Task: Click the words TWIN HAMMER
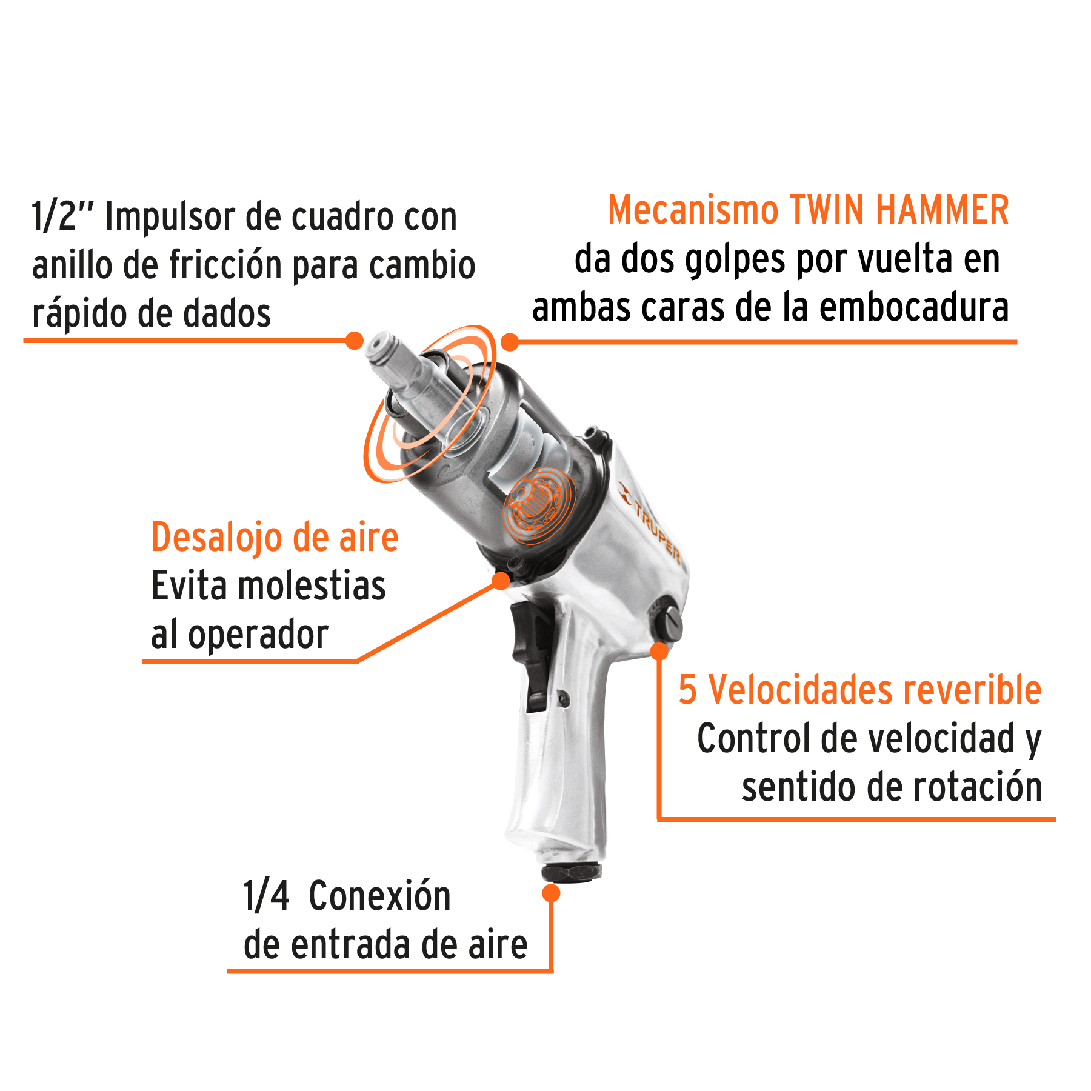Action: [899, 210]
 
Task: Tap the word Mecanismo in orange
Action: [693, 210]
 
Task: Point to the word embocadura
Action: [914, 307]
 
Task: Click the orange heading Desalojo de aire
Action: [275, 538]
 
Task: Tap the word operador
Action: [258, 636]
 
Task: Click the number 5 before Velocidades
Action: [687, 690]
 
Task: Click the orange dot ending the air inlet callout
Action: [551, 893]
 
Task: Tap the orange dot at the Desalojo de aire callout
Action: [501, 581]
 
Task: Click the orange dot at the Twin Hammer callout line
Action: [510, 342]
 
